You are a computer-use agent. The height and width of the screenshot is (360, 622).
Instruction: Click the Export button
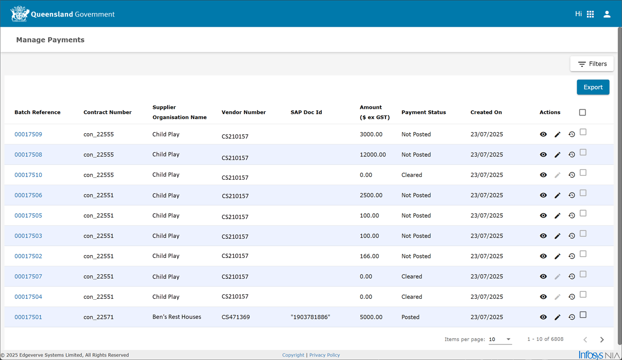[x=593, y=87]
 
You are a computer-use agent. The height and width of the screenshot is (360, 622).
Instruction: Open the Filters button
[x=592, y=64]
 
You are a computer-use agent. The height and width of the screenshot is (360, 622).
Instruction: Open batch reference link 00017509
[x=28, y=135]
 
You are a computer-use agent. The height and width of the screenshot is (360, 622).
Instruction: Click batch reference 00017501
[x=28, y=317]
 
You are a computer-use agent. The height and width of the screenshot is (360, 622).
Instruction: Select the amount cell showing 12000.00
[x=373, y=154]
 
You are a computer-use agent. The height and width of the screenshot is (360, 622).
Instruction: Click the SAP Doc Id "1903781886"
[x=310, y=317]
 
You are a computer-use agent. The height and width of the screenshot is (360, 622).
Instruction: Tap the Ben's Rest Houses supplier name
[x=176, y=317]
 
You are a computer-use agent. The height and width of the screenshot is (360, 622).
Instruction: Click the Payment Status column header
[x=423, y=112]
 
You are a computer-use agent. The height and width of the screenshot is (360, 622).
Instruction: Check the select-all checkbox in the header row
[x=582, y=112]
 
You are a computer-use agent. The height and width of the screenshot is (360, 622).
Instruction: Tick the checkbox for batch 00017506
[x=583, y=193]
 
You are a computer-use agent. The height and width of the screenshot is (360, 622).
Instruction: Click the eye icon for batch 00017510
[x=543, y=175]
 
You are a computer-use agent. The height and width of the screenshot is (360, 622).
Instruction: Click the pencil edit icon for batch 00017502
[x=557, y=256]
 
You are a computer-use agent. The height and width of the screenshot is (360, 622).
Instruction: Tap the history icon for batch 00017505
[x=571, y=216]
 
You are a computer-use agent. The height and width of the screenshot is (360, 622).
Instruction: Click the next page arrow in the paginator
[x=602, y=340]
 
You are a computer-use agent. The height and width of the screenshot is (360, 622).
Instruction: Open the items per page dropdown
[x=500, y=339]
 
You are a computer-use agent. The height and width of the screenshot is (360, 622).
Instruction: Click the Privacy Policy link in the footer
[x=324, y=355]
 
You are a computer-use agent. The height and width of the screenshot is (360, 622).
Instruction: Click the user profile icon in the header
[x=607, y=14]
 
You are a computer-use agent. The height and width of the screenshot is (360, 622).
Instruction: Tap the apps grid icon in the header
[x=590, y=14]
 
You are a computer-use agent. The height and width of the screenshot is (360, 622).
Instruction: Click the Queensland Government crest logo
[x=19, y=14]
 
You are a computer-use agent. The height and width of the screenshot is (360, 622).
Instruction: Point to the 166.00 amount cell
[x=369, y=256]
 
